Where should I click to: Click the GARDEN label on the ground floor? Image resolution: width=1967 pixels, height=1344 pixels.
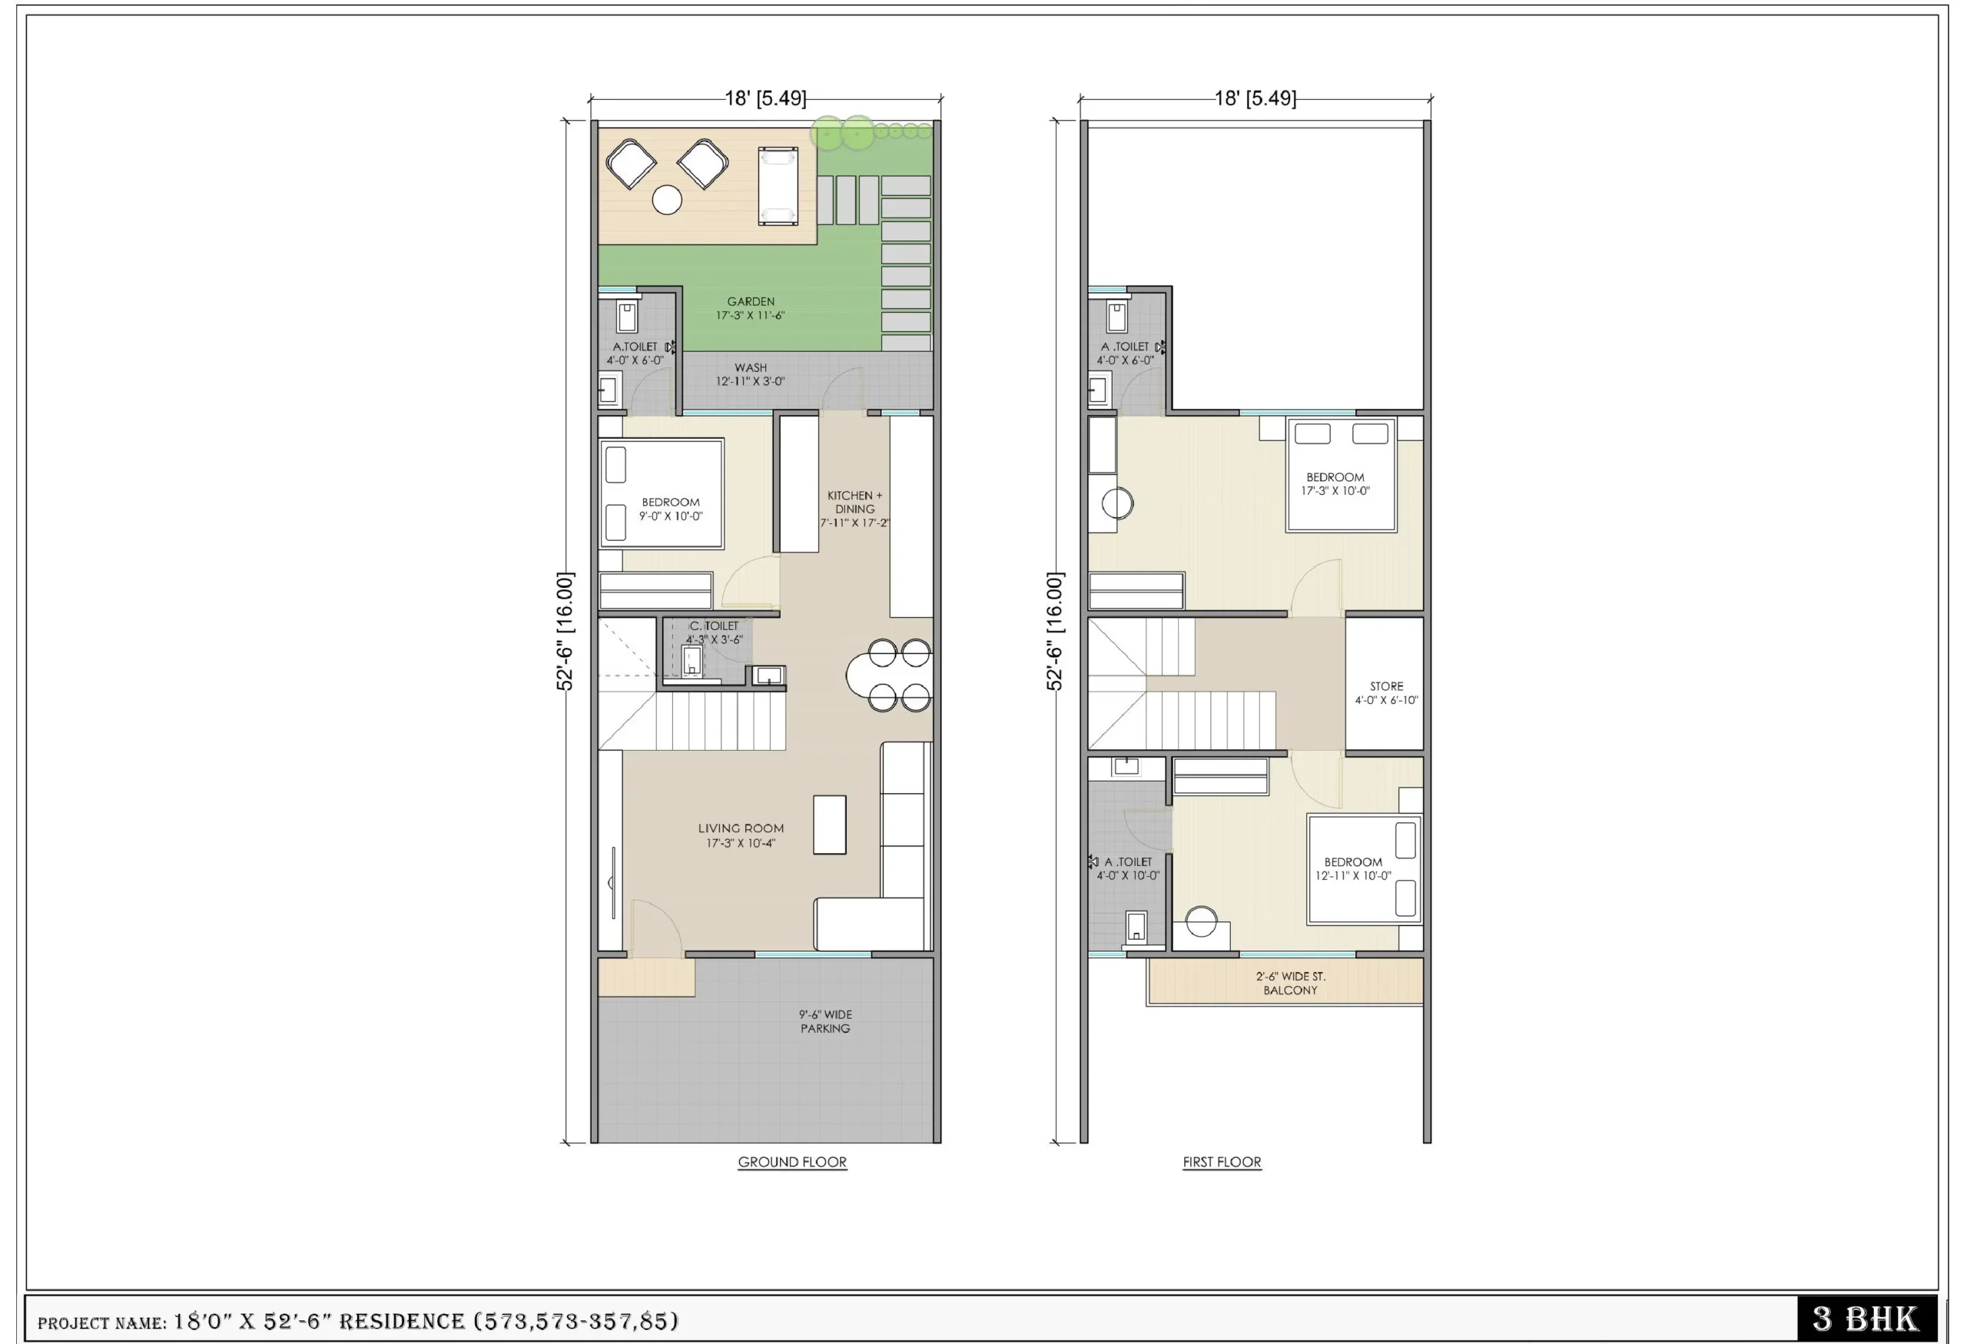point(751,308)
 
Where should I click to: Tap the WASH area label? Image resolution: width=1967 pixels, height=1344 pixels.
point(751,374)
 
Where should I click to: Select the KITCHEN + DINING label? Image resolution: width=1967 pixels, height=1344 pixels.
point(855,509)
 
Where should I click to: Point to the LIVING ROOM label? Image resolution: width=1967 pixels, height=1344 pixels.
point(741,835)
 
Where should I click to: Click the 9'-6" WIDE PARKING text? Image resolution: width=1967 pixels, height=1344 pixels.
point(825,1020)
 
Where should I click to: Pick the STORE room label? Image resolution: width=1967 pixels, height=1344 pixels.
point(1386,693)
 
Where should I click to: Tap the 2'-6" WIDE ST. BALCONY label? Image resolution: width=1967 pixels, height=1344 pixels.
point(1291,983)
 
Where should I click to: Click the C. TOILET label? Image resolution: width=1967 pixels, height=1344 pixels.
point(714,632)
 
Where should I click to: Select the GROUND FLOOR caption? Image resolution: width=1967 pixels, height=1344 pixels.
point(792,1162)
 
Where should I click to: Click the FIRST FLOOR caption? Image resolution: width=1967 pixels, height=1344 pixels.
point(1222,1162)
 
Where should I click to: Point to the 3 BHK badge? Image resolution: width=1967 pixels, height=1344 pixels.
point(1866,1319)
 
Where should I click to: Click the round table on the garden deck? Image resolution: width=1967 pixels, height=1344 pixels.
point(667,200)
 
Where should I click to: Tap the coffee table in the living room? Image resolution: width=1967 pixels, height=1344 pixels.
point(830,825)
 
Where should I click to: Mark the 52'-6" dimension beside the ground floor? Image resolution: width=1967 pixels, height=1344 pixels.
point(565,632)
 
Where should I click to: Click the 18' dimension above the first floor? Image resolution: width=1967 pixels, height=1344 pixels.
point(1255,98)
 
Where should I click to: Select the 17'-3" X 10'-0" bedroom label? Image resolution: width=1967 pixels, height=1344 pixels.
point(1335,484)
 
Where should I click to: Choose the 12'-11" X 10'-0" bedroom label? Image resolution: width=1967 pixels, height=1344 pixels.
point(1352,868)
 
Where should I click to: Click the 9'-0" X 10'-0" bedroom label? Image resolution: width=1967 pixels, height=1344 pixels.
point(670,509)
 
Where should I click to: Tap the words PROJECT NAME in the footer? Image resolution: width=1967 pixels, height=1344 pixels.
point(101,1322)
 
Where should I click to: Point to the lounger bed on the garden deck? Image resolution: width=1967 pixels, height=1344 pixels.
point(778,185)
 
